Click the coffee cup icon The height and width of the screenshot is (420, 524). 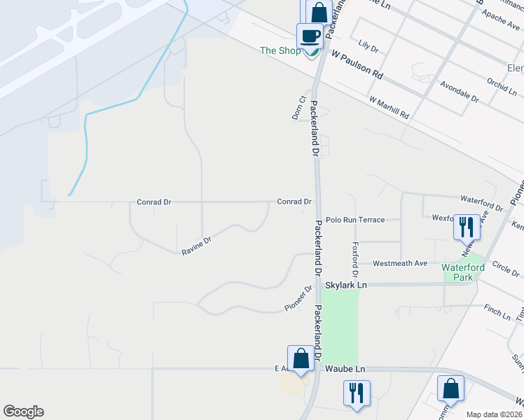(x=310, y=36)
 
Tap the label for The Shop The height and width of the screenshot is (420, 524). (x=280, y=50)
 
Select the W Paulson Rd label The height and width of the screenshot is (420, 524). (x=357, y=64)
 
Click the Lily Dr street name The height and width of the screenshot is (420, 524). (x=368, y=49)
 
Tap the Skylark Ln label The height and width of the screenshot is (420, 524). (x=346, y=286)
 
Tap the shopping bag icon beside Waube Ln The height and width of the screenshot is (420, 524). (x=301, y=358)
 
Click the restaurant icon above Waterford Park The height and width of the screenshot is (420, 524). (x=467, y=226)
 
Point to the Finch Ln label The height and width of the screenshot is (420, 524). (x=497, y=311)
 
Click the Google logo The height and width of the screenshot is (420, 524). (x=23, y=412)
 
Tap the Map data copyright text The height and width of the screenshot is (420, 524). (x=494, y=414)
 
